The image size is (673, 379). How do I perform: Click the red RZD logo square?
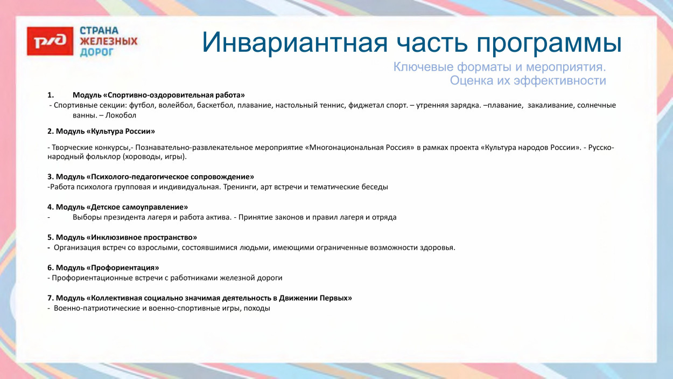pos(50,41)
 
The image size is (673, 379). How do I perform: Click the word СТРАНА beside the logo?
pos(99,31)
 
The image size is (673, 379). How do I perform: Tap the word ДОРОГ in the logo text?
pos(97,52)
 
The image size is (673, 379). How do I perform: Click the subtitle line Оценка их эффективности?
pos(528,81)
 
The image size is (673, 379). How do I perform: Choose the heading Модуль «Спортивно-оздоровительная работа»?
pos(159,95)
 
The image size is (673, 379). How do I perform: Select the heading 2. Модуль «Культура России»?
pos(101,131)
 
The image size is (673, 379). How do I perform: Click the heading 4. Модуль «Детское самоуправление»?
pos(117,207)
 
